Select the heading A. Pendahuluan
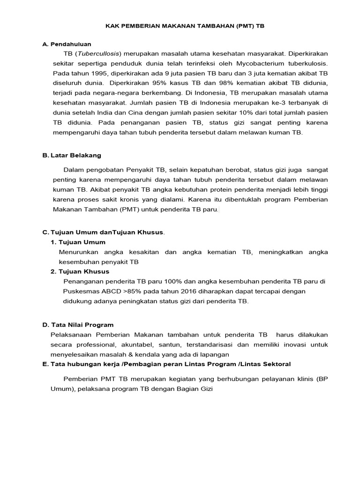click(x=67, y=44)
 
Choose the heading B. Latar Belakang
click(x=72, y=155)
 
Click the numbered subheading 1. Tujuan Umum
click(x=78, y=242)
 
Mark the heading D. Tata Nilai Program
click(x=78, y=324)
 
